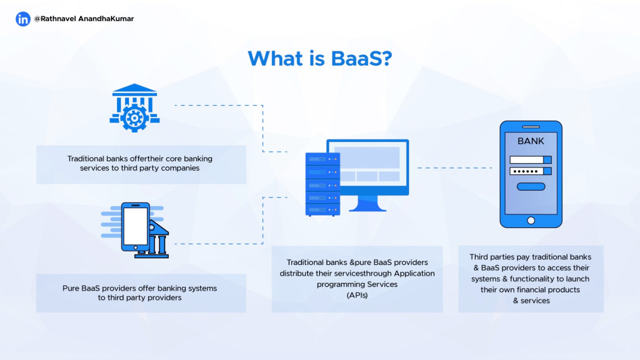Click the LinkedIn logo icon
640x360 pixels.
(x=23, y=19)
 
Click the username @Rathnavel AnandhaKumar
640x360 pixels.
(x=83, y=19)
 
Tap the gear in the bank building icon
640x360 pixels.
(x=134, y=118)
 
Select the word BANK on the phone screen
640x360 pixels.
(x=530, y=141)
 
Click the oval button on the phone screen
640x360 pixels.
(x=530, y=186)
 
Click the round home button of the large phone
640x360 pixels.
(x=531, y=220)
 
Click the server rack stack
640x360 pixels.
(x=322, y=184)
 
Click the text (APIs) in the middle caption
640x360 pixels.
(x=357, y=295)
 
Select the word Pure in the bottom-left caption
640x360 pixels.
(x=71, y=288)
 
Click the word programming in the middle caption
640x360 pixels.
(x=340, y=284)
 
